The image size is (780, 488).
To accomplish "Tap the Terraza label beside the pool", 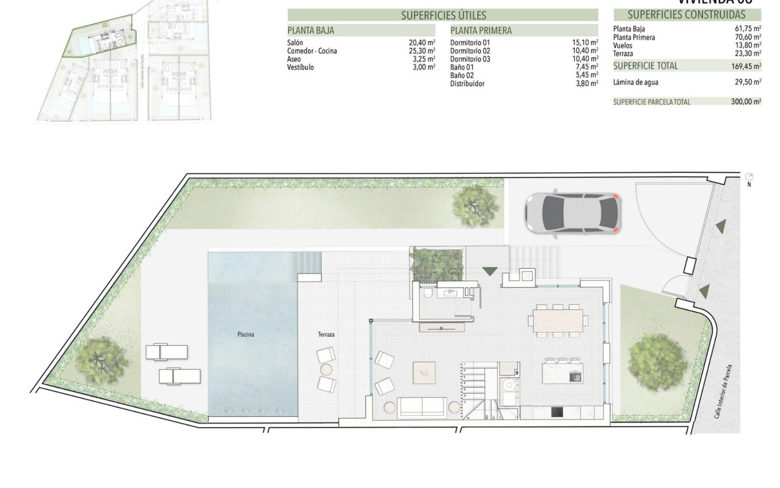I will (326, 334).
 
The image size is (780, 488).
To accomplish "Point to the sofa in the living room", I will (423, 406).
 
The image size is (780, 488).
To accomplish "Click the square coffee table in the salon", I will (424, 373).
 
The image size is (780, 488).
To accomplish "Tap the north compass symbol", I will (749, 177).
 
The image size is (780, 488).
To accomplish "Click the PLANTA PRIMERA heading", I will (481, 30).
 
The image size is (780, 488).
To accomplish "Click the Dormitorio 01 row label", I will (470, 42).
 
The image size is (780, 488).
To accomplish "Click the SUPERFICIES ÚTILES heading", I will (443, 16).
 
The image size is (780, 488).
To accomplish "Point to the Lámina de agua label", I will (635, 82).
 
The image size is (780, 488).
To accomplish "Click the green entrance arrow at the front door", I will (490, 270).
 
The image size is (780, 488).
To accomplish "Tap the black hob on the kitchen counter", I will (556, 412).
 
